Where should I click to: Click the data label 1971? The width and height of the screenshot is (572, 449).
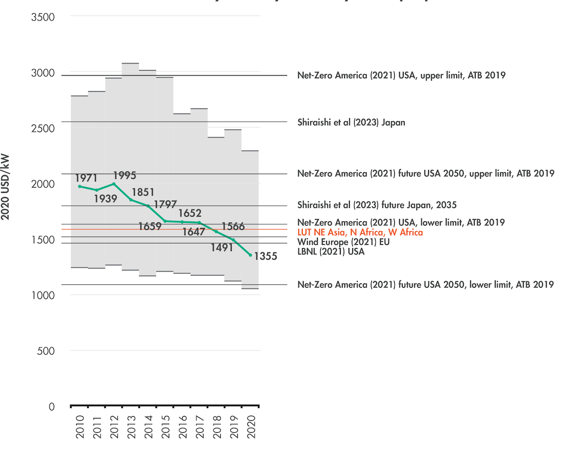point(86,178)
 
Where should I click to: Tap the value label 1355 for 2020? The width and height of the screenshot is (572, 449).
point(266,257)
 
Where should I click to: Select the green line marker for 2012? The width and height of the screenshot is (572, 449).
point(114,184)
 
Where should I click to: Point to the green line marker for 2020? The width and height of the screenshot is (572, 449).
point(250,255)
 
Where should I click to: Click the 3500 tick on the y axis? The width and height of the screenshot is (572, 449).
point(43,18)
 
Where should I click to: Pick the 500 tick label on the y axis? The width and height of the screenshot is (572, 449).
point(46,351)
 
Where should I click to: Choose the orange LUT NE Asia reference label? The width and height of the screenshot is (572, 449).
point(360,232)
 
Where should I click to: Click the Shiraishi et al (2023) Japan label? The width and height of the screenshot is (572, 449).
point(351,123)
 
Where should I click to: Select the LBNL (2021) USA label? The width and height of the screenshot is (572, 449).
point(331,251)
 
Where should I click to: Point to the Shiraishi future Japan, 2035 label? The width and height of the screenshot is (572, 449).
point(377,205)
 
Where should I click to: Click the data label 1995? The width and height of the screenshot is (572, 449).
point(125,175)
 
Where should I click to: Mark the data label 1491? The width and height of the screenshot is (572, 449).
point(222,248)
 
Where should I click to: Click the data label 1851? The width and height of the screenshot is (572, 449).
point(143,192)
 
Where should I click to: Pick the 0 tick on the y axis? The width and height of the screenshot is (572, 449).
point(51,407)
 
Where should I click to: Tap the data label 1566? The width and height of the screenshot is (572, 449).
point(233,227)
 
